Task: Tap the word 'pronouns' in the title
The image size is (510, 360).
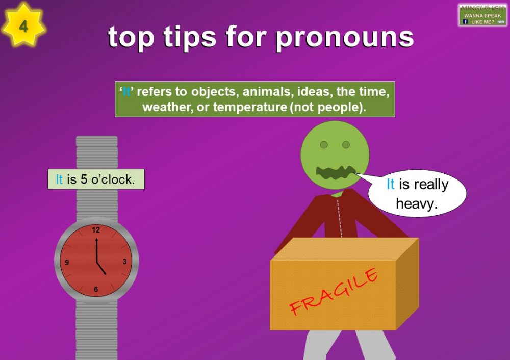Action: pyautogui.click(x=344, y=36)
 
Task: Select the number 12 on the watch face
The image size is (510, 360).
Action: pyautogui.click(x=96, y=230)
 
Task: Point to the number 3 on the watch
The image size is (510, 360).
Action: pyautogui.click(x=124, y=262)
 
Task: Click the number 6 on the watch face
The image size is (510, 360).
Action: pyautogui.click(x=96, y=290)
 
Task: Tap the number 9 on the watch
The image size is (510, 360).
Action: pyautogui.click(x=67, y=263)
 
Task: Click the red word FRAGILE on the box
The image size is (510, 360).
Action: pyautogui.click(x=334, y=291)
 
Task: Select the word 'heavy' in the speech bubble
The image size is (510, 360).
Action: pyautogui.click(x=417, y=204)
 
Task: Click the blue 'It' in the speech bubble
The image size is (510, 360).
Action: pyautogui.click(x=390, y=184)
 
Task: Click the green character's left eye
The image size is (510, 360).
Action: pyautogui.click(x=323, y=145)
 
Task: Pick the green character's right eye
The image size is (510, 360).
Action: pyautogui.click(x=346, y=145)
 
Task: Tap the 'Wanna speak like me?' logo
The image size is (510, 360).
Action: pyautogui.click(x=482, y=15)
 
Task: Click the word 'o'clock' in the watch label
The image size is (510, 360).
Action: pyautogui.click(x=113, y=179)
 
